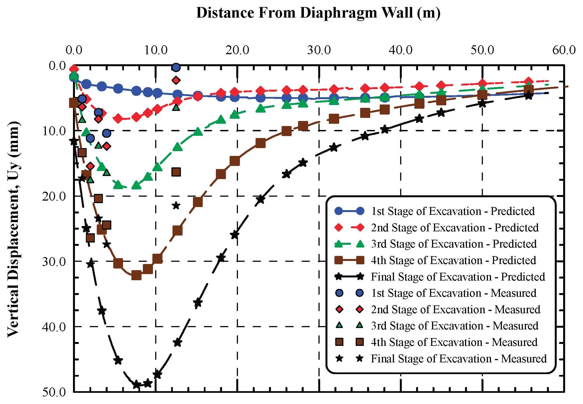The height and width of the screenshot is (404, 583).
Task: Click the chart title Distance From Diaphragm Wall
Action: (x=318, y=13)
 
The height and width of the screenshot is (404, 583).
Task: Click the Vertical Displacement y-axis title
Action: (x=13, y=229)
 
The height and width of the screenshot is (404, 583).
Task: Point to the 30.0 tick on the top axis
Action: (x=319, y=50)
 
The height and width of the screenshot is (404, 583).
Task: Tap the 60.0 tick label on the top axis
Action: (x=564, y=50)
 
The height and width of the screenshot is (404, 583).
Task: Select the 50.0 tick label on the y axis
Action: (x=54, y=392)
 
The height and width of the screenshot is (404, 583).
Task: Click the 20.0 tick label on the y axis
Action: (x=54, y=196)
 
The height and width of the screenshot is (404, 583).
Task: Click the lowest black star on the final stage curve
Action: (x=136, y=384)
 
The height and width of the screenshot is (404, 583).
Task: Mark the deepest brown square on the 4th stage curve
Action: (x=136, y=275)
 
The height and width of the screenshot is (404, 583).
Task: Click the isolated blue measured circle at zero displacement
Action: (x=176, y=67)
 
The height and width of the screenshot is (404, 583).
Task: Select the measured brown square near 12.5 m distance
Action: (x=176, y=172)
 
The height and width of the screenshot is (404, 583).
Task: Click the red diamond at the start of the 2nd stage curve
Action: (x=74, y=69)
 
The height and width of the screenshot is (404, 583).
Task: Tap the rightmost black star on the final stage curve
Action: (x=528, y=96)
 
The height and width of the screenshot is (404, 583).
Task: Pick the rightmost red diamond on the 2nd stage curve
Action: (x=528, y=81)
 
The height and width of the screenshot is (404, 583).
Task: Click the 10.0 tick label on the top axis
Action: (x=155, y=50)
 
